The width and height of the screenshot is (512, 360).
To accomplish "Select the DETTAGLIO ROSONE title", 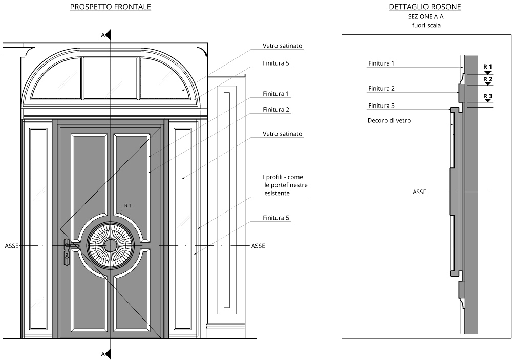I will [x=425, y=7].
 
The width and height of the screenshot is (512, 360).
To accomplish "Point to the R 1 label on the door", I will [x=128, y=206].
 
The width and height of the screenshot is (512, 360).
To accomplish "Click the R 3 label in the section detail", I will [x=488, y=96].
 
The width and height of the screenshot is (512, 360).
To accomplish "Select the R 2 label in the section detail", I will [x=488, y=79].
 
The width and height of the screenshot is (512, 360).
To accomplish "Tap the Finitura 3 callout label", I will [x=381, y=105].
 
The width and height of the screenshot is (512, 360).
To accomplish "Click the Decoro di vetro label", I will [x=389, y=121].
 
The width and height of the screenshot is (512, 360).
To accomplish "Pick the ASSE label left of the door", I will [x=12, y=246].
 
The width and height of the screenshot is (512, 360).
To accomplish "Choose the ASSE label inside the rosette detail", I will [x=420, y=192].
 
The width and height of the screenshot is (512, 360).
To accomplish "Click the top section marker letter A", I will [x=103, y=35].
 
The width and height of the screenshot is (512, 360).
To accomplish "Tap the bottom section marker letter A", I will [x=103, y=354].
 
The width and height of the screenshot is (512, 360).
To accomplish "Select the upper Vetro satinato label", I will [x=283, y=46].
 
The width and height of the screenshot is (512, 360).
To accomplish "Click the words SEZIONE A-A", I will [x=425, y=16].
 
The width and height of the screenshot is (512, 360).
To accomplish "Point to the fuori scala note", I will [x=425, y=25].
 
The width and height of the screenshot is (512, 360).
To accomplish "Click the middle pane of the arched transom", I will [x=111, y=78].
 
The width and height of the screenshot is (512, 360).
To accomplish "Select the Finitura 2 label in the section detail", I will [x=381, y=89].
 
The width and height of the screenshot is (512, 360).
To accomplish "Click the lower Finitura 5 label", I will [x=276, y=218].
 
